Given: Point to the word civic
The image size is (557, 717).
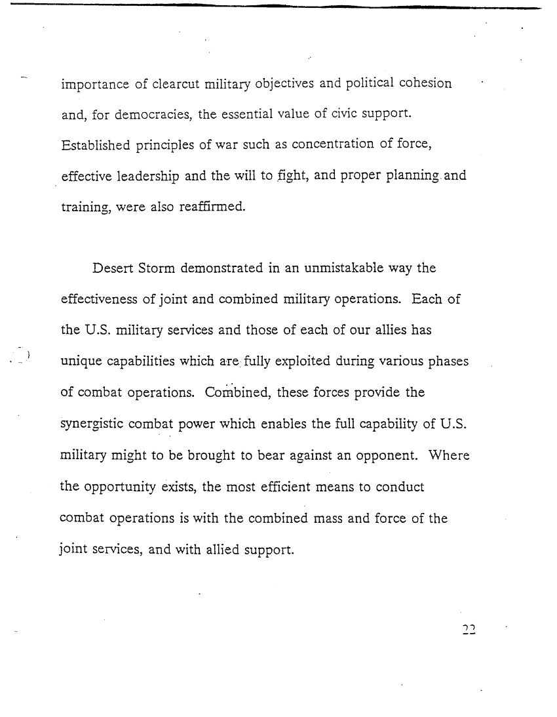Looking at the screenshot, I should coord(328,115).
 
